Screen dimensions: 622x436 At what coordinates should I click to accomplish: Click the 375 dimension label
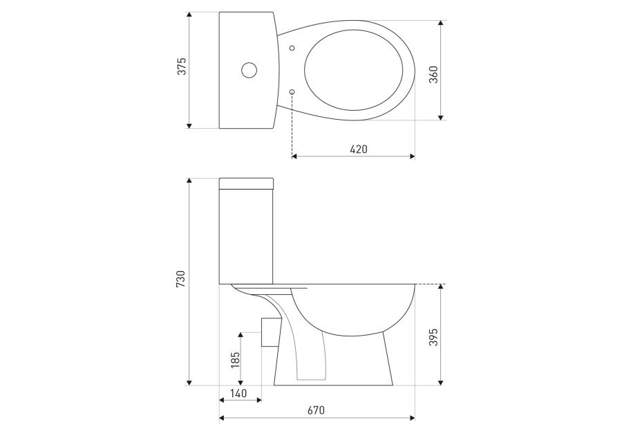[181, 66]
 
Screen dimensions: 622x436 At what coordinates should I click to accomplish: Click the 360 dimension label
[433, 74]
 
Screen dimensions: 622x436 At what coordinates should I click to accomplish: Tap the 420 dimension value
[359, 149]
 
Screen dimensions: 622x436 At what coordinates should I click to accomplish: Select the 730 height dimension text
[181, 279]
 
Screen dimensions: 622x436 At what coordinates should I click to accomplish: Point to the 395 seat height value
[433, 337]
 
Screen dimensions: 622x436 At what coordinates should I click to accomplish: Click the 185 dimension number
[236, 360]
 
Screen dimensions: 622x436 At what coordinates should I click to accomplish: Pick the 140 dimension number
[238, 394]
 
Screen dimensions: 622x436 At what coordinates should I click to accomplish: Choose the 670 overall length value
[316, 410]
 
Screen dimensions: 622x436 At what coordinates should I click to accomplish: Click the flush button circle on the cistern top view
[249, 71]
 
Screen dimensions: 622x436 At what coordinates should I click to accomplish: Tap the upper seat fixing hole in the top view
[292, 48]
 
